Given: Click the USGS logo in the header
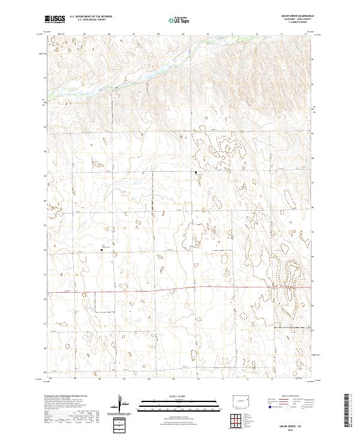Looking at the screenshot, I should point(55,19).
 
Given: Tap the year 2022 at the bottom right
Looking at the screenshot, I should point(293,428).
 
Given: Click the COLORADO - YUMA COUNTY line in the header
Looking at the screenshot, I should point(292,20).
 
